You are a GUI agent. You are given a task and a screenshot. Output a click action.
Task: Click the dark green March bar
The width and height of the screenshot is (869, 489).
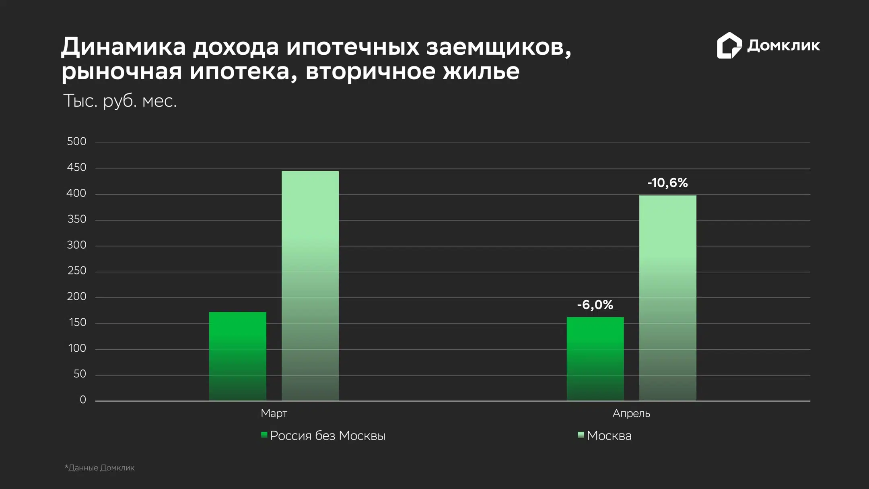pyautogui.click(x=237, y=356)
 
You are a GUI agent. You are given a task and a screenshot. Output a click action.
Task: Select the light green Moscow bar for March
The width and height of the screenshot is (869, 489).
pyautogui.click(x=310, y=286)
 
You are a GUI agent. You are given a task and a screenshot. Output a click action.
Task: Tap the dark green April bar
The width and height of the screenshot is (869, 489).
pyautogui.click(x=595, y=359)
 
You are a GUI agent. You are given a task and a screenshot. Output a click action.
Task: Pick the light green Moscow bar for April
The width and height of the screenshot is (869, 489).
pyautogui.click(x=667, y=298)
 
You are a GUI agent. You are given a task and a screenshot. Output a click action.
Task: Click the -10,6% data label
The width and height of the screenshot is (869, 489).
pyautogui.click(x=667, y=183)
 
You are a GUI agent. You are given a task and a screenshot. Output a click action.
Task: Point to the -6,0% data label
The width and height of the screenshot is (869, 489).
pyautogui.click(x=595, y=305)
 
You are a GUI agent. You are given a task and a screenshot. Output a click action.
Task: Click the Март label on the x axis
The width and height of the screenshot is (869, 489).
pyautogui.click(x=274, y=413)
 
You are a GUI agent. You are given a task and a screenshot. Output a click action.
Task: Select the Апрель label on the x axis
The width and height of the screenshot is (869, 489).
pyautogui.click(x=631, y=413)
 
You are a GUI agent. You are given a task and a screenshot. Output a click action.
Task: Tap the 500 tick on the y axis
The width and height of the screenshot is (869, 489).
pyautogui.click(x=76, y=142)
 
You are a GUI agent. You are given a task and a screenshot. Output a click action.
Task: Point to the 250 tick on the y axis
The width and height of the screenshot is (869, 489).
pyautogui.click(x=76, y=271)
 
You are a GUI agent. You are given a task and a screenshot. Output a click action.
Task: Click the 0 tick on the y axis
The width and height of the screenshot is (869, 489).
pyautogui.click(x=83, y=400)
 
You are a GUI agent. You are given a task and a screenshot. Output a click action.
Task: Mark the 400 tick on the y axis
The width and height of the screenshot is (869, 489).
pyautogui.click(x=76, y=194)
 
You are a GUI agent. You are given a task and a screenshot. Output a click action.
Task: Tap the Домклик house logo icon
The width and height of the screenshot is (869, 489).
pyautogui.click(x=729, y=45)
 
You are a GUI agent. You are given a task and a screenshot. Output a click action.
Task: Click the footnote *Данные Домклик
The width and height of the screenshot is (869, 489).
pyautogui.click(x=100, y=468)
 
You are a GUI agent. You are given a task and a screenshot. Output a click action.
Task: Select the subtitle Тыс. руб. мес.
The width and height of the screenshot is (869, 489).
pyautogui.click(x=120, y=101)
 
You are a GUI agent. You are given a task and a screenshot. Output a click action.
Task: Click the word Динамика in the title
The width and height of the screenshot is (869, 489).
pyautogui.click(x=124, y=47)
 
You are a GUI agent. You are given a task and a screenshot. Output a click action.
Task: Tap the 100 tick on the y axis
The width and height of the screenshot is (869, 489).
pyautogui.click(x=77, y=348)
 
